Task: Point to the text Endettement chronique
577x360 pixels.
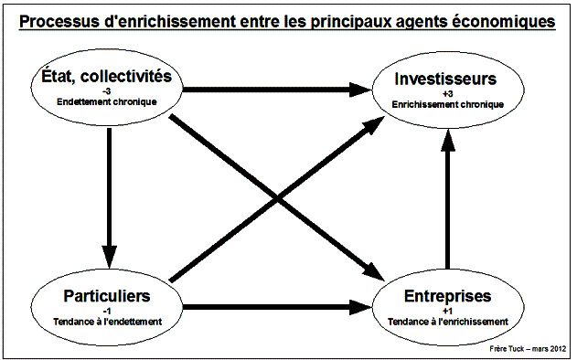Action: pyautogui.click(x=107, y=101)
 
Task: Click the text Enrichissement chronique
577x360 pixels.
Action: pyautogui.click(x=447, y=104)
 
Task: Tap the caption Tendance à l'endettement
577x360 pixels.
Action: pyautogui.click(x=107, y=322)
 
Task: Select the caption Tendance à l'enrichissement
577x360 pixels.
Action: pyautogui.click(x=447, y=322)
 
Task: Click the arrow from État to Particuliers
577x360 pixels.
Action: pyautogui.click(x=108, y=192)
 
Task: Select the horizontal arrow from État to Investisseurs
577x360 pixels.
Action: pyautogui.click(x=274, y=89)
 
